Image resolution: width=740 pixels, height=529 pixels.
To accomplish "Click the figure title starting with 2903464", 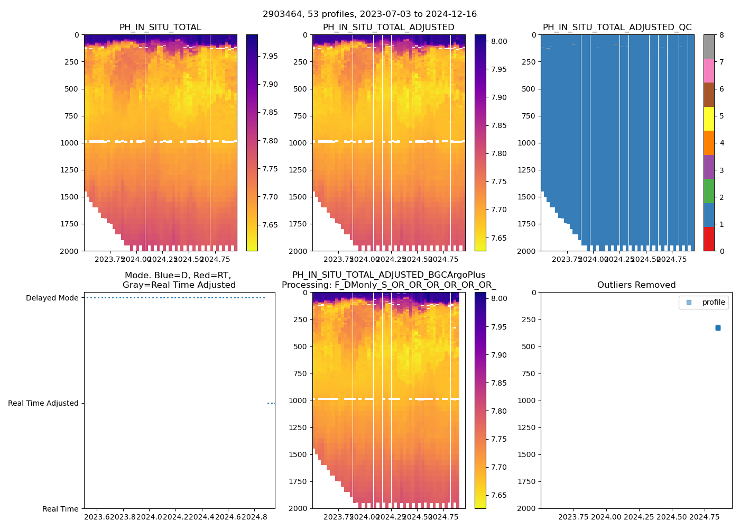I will coord(369,14).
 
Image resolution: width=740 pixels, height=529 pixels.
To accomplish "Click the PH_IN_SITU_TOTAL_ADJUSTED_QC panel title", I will coord(617,28).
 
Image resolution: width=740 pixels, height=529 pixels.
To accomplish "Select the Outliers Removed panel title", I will coord(636,285).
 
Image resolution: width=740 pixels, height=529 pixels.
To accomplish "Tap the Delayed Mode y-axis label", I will coord(52,298).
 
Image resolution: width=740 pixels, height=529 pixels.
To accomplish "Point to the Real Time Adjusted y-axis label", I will coord(43,403).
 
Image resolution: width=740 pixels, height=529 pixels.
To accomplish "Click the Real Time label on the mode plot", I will coord(60,509).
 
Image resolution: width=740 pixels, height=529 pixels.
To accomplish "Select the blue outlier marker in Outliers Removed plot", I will coord(718,328).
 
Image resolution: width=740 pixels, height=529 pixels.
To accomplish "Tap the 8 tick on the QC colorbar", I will coord(721,35).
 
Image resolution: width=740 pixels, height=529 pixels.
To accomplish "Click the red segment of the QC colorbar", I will coord(709,239).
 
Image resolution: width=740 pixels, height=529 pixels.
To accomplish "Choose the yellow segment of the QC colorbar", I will coord(709,119).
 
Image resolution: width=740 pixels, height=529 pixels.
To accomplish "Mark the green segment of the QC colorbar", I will coord(709,191).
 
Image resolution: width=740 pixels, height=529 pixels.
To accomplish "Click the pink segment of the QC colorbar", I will coord(709,71).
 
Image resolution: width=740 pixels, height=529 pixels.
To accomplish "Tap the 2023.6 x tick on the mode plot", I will coord(98,517).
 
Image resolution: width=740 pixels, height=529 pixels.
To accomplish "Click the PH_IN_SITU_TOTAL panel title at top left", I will coord(160,28).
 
